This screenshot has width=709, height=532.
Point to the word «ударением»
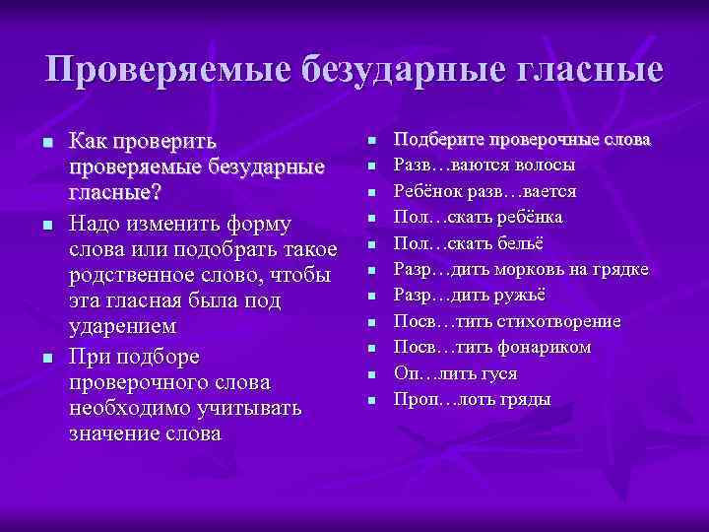(123, 326)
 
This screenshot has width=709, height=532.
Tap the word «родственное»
(132, 273)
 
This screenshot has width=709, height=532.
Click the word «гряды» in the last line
(530, 400)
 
